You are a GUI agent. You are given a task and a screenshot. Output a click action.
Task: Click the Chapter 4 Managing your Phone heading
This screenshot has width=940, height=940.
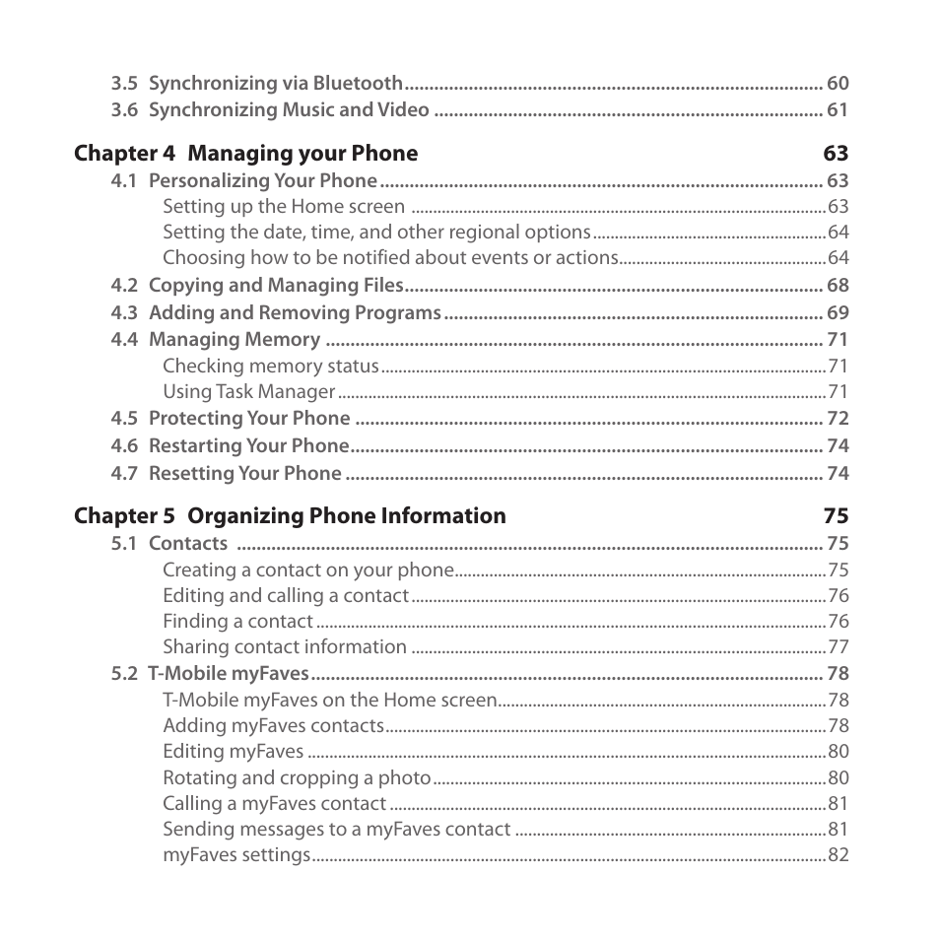pos(245,154)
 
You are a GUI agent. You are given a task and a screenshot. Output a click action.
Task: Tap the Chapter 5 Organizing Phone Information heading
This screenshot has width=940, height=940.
pos(290,516)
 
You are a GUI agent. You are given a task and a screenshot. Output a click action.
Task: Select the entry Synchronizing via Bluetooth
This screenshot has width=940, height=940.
pos(275,84)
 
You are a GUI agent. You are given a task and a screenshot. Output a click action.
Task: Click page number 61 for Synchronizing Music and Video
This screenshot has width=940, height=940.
pos(837,110)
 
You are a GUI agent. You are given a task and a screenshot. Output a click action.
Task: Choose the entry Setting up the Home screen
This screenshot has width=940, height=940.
pos(283,207)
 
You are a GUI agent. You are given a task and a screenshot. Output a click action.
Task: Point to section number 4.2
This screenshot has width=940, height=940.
pos(123,286)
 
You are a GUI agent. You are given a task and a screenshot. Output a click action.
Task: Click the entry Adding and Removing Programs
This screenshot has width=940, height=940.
pos(294,313)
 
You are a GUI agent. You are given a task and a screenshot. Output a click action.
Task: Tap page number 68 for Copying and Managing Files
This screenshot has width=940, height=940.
pos(837,286)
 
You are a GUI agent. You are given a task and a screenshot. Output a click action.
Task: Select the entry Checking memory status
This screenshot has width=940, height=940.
pos(270,367)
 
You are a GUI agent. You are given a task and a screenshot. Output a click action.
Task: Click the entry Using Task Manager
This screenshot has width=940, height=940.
pos(248,392)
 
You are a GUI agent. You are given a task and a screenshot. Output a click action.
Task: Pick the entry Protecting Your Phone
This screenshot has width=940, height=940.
pos(248,419)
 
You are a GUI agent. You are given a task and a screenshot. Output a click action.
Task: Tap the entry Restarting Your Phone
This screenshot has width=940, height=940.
pos(248,446)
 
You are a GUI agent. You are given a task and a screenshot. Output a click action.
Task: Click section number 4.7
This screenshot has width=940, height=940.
pos(123,474)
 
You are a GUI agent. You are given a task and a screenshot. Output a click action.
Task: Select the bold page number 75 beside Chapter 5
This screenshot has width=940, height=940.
pos(836,516)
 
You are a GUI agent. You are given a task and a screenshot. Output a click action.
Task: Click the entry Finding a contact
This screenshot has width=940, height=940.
pos(237,622)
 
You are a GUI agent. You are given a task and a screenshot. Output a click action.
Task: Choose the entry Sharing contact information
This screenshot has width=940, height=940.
pos(284,647)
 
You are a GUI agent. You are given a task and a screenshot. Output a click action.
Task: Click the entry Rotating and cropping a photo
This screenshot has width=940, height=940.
pos(297,778)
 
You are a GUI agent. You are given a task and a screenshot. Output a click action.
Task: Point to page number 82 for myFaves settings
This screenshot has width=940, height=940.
pos(838,855)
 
